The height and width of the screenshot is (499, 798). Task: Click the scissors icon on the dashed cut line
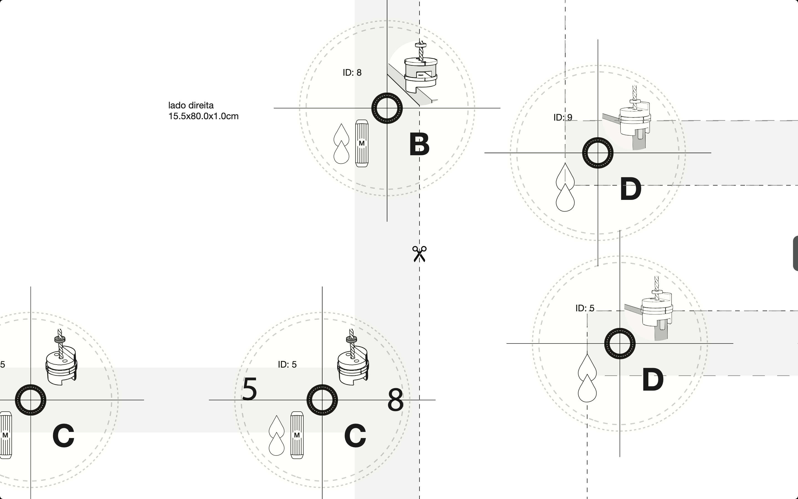(x=419, y=254)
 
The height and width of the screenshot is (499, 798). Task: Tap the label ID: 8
(x=352, y=73)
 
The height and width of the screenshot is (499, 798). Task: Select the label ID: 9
(x=562, y=117)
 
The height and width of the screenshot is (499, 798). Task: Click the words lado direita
(x=191, y=105)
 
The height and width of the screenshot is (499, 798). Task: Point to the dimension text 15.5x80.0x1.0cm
(x=203, y=116)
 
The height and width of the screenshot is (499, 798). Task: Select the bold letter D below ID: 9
(x=630, y=189)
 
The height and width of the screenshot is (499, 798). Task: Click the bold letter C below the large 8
(x=355, y=436)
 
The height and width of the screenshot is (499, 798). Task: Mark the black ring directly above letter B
(x=387, y=108)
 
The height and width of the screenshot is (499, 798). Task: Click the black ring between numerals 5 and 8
(x=322, y=400)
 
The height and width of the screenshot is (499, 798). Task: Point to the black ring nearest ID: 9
(x=597, y=153)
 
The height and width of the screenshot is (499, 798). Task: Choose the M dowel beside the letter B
(x=362, y=143)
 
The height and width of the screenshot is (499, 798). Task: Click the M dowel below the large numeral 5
(x=297, y=435)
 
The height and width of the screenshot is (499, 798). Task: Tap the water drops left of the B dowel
(x=341, y=144)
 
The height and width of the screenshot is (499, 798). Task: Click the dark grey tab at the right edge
(x=795, y=253)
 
